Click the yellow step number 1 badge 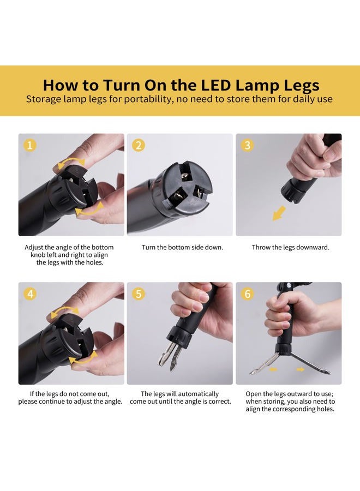(30, 145)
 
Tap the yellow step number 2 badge (139, 145)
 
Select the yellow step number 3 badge (247, 145)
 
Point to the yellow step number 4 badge (30, 294)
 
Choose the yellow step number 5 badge (139, 294)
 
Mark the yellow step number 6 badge (247, 294)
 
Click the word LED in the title (215, 85)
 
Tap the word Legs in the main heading (302, 86)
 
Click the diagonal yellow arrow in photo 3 (279, 213)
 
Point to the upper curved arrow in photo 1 (71, 162)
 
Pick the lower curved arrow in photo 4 (83, 359)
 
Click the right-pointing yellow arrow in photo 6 (301, 369)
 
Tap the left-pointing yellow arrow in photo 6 (273, 369)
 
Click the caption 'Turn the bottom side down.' (182, 247)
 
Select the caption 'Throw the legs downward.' (291, 247)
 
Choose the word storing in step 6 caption (274, 402)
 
